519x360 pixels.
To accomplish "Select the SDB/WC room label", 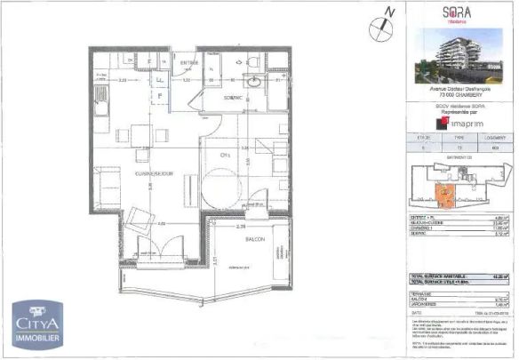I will point(235,96).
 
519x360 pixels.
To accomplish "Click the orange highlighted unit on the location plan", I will point(442,195).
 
